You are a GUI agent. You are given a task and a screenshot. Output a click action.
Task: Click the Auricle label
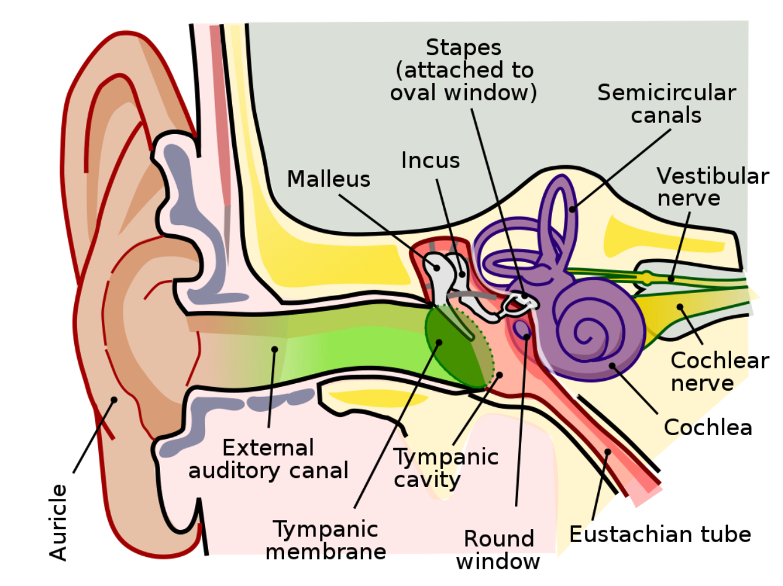[x=59, y=522]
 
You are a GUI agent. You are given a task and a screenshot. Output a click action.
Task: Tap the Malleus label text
[x=329, y=179]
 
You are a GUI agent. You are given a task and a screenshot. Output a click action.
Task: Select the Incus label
[x=430, y=160]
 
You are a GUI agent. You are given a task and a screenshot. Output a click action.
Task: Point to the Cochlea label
[x=708, y=427]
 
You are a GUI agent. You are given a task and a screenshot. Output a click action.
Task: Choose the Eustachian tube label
[x=659, y=533]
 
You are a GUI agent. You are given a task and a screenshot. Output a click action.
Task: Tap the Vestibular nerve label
[x=712, y=187]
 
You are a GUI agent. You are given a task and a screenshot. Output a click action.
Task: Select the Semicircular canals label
[x=666, y=104]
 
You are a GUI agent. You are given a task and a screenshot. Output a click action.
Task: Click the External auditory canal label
[x=268, y=458]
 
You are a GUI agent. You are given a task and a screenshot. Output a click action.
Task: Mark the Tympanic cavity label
[x=446, y=468]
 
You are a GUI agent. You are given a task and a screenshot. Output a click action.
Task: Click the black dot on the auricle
[x=114, y=400]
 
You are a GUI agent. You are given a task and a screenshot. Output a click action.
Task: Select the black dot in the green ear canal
[x=274, y=349]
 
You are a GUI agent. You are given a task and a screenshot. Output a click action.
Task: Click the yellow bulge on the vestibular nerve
[x=647, y=278]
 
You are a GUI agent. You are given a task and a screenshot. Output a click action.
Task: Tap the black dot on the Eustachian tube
[x=608, y=451]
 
